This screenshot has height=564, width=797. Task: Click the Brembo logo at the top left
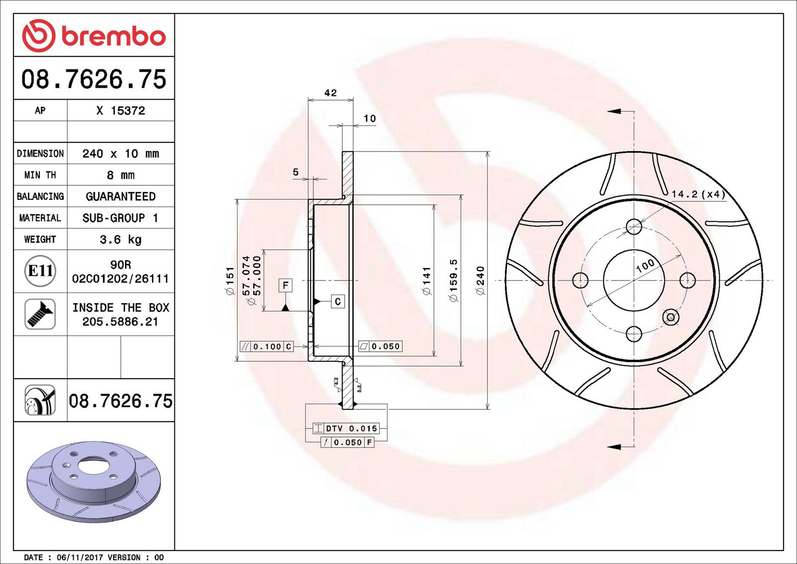click(x=94, y=35)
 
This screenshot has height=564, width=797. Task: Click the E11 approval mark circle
click(x=40, y=271)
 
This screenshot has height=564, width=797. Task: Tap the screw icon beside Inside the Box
click(x=40, y=314)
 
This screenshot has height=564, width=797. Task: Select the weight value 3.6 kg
click(x=121, y=240)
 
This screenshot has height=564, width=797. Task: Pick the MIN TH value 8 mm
click(x=121, y=175)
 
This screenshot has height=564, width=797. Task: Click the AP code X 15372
click(x=121, y=110)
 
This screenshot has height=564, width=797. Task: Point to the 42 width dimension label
click(x=330, y=93)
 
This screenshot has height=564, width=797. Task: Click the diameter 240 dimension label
click(x=481, y=281)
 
